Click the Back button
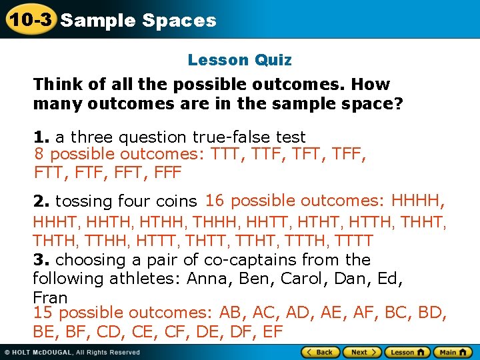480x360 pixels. [x=321, y=352]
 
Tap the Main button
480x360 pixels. [x=452, y=352]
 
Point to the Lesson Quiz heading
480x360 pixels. [x=239, y=60]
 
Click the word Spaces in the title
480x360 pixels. [x=179, y=20]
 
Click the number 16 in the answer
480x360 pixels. [x=215, y=200]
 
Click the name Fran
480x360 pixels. [x=51, y=297]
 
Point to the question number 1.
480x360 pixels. [x=41, y=137]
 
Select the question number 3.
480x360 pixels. [x=41, y=259]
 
